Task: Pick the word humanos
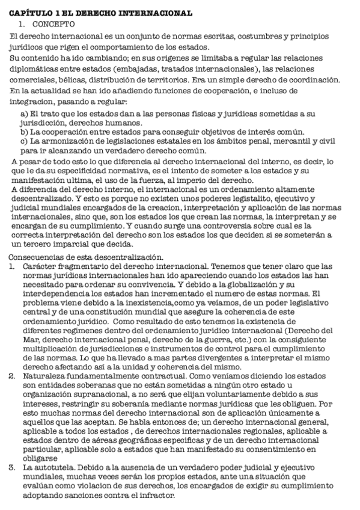[105, 122]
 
